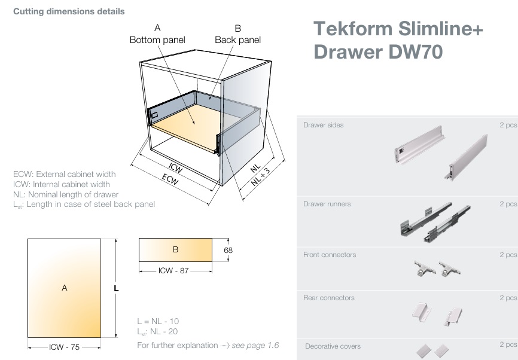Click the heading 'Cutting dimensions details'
(x=69, y=11)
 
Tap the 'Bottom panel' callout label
(x=157, y=40)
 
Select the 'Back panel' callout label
(x=237, y=40)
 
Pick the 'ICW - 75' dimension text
(x=65, y=347)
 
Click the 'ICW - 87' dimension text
(x=173, y=270)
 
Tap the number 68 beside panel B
(x=228, y=250)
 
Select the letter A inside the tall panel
(x=64, y=288)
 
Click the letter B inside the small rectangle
(x=175, y=249)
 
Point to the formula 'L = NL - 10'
(x=157, y=321)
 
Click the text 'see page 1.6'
(x=255, y=345)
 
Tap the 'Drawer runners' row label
(x=327, y=204)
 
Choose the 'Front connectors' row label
(x=329, y=255)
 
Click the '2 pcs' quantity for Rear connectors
(x=508, y=298)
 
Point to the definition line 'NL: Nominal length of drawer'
(x=66, y=194)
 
